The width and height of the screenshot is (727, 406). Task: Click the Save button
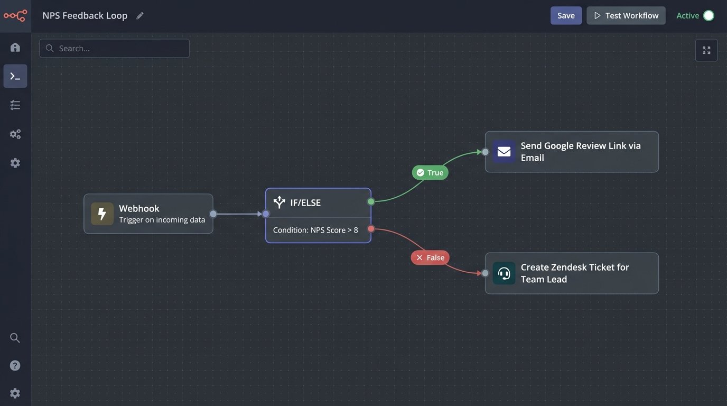point(566,15)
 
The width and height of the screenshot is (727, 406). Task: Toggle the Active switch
point(709,15)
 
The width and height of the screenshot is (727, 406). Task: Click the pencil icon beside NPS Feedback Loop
point(140,16)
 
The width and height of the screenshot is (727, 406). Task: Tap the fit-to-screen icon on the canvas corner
point(706,50)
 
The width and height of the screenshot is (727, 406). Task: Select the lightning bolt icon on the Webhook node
point(102,214)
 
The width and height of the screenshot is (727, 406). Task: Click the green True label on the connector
point(430,172)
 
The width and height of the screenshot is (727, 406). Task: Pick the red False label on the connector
point(430,257)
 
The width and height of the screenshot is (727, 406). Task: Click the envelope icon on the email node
point(504,152)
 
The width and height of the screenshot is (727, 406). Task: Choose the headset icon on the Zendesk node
point(504,273)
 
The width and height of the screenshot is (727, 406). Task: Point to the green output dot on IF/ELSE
point(371,201)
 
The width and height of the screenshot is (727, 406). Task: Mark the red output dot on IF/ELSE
point(371,229)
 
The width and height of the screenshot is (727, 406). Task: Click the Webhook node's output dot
point(213,214)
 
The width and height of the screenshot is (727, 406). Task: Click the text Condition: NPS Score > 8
point(315,230)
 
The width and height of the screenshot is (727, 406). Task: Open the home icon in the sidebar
point(15,48)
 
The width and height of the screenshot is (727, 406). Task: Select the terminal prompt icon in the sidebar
point(15,76)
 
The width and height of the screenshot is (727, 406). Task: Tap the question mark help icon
point(15,365)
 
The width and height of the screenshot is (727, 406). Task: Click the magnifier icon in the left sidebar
point(15,338)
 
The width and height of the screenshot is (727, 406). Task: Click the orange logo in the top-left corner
point(15,15)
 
